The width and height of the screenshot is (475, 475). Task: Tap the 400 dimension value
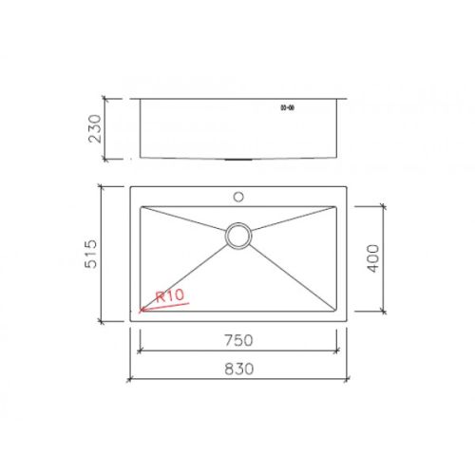tap(373, 257)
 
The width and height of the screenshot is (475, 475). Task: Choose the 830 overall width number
tap(238, 369)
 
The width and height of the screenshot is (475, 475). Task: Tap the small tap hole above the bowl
tap(238, 198)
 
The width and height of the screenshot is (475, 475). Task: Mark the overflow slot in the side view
tap(287, 107)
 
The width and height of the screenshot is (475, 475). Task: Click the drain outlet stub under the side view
tap(238, 160)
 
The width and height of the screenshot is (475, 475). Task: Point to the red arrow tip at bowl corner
tap(141, 311)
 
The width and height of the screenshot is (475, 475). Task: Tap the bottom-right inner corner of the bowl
tap(337, 312)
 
